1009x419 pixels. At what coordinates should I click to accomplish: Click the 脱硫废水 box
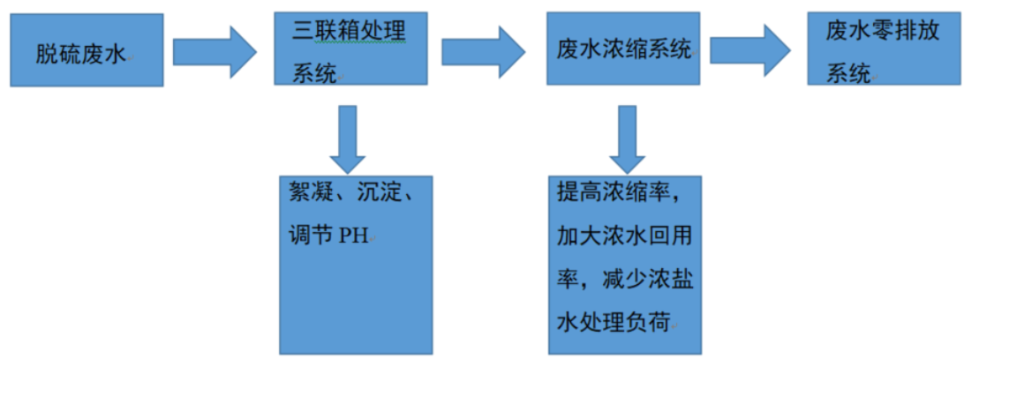[x=87, y=50]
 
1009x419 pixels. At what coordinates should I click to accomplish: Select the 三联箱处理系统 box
[x=350, y=49]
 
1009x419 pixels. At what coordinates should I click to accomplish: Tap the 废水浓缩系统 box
[x=623, y=49]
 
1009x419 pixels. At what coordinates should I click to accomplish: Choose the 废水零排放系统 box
[x=884, y=49]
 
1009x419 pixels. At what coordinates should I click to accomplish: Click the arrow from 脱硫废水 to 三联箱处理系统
[x=215, y=51]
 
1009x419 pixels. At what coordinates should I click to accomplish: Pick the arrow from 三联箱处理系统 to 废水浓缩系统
[x=483, y=51]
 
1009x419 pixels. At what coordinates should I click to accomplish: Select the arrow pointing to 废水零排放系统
[x=750, y=51]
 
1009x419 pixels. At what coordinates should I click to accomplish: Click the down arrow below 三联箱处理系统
[x=348, y=138]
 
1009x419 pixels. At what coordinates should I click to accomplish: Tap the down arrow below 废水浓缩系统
[x=627, y=138]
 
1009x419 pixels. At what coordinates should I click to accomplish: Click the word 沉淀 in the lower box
[x=375, y=193]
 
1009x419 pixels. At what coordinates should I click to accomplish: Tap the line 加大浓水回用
[x=623, y=236]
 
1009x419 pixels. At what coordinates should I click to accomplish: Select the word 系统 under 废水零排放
[x=847, y=74]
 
